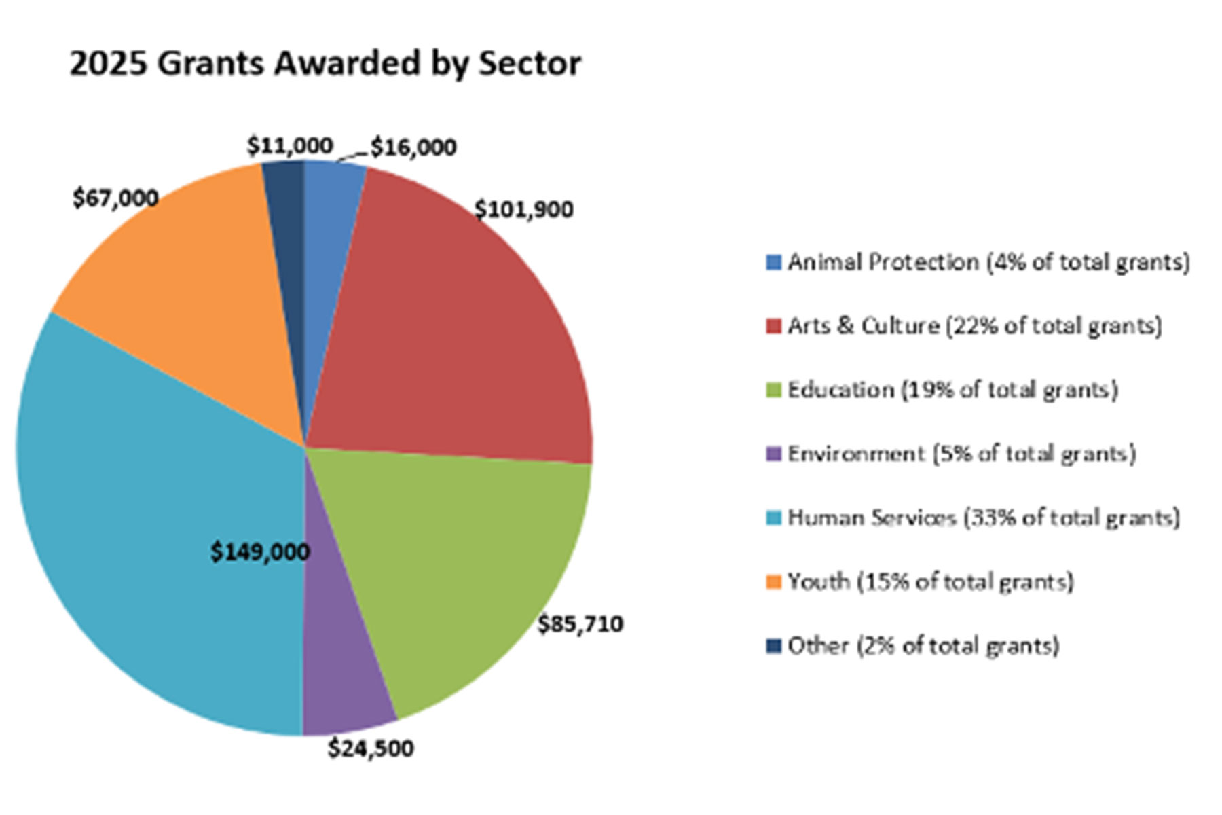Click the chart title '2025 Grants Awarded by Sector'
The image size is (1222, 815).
325,64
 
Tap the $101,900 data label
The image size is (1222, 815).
523,210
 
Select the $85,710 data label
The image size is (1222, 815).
580,624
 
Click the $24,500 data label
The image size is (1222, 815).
371,748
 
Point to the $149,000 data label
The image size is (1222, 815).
260,552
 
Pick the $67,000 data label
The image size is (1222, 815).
115,198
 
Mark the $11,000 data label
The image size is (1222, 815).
290,146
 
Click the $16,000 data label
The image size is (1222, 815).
413,147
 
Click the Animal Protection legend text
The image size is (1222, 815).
988,262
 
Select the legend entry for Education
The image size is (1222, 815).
952,390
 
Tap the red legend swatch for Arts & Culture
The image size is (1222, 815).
774,327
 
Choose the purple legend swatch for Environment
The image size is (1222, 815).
774,454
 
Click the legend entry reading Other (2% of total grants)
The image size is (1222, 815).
923,646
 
